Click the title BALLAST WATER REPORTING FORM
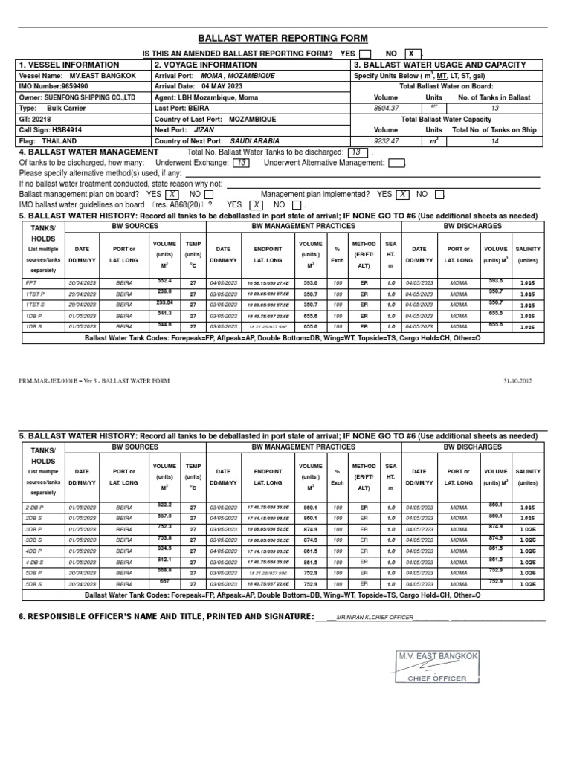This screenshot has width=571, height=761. point(282,38)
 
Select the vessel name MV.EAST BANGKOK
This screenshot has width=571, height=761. point(103,76)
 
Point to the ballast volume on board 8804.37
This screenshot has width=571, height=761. point(386,108)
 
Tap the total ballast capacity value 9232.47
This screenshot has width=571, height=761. point(386,140)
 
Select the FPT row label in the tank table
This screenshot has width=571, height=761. point(33,282)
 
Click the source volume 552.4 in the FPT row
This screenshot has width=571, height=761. point(164,281)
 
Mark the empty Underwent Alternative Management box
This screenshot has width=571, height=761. point(396,163)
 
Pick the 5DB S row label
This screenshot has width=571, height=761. point(35,584)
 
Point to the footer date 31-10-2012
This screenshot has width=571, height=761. point(517,381)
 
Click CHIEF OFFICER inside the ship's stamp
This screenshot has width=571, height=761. point(437,678)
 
